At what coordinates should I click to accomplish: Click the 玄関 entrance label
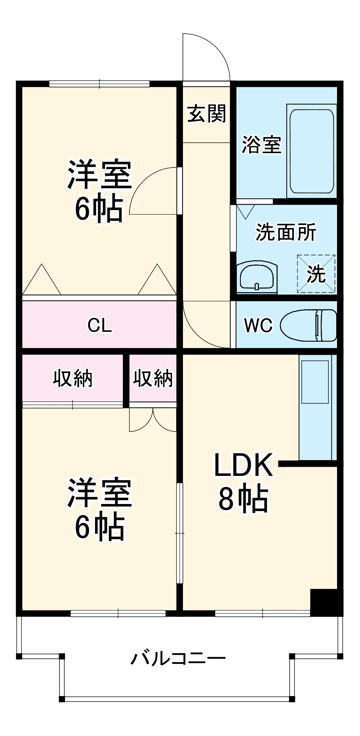[x=206, y=114]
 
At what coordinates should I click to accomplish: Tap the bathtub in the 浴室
[x=311, y=151]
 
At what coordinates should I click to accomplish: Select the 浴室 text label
[x=261, y=145]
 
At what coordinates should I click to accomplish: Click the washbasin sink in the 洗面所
[x=257, y=277]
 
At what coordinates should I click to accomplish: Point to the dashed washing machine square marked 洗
[x=316, y=274]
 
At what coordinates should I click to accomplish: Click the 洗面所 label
[x=286, y=232]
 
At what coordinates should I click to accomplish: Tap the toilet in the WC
[x=309, y=325]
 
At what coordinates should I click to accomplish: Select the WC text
[x=258, y=325]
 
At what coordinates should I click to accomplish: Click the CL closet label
[x=99, y=325]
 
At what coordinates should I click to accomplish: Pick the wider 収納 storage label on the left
[x=73, y=378]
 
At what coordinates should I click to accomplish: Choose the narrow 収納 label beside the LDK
[x=153, y=378]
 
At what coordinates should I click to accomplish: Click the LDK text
[x=243, y=465]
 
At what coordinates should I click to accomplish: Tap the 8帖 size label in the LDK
[x=243, y=499]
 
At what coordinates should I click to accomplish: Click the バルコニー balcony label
[x=178, y=658]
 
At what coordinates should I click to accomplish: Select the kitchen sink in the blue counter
[x=315, y=382]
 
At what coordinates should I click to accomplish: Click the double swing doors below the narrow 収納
[x=153, y=420]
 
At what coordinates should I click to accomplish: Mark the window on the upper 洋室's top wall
[x=99, y=84]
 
